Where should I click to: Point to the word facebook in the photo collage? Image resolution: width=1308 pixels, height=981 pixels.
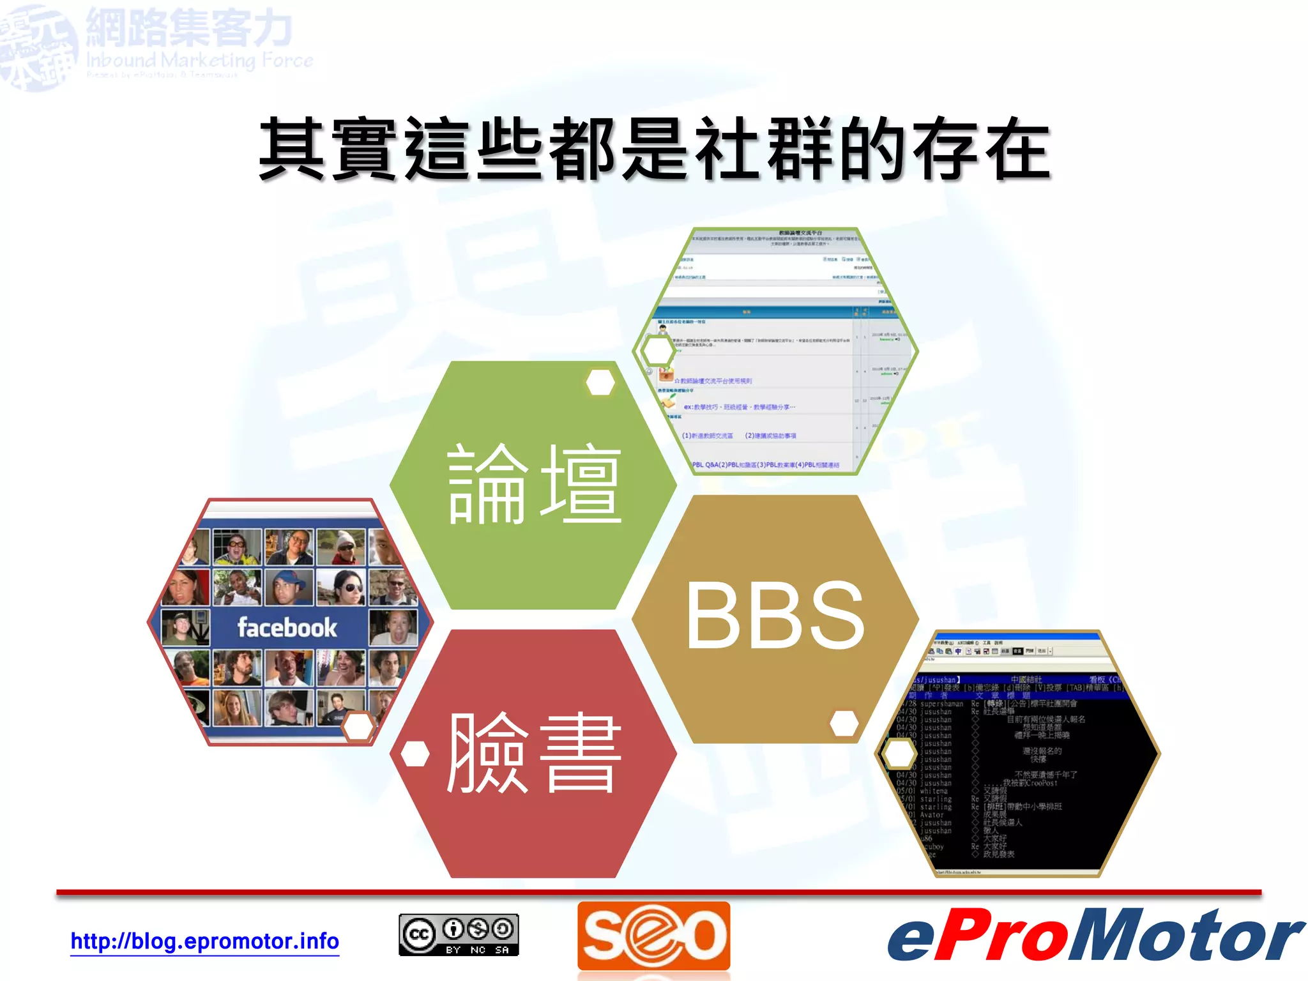pyautogui.click(x=287, y=627)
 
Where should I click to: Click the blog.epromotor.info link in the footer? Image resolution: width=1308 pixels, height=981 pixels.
pyautogui.click(x=204, y=941)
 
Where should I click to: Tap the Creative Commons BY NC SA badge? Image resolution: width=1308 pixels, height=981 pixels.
pyautogui.click(x=459, y=935)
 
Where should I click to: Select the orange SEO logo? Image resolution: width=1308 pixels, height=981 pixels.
pyautogui.click(x=653, y=935)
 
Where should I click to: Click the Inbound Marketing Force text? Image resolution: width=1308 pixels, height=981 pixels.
pyautogui.click(x=199, y=61)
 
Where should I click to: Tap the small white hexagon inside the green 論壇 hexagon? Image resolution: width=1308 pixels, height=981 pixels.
pyautogui.click(x=600, y=382)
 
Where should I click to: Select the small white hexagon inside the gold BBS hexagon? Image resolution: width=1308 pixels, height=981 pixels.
pyautogui.click(x=844, y=723)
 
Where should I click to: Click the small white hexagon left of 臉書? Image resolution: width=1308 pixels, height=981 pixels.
pyautogui.click(x=415, y=754)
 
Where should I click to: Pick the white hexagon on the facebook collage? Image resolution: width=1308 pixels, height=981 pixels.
pyautogui.click(x=358, y=727)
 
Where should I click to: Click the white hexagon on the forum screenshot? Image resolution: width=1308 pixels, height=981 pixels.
pyautogui.click(x=657, y=351)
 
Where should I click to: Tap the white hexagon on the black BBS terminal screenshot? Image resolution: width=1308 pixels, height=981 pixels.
pyautogui.click(x=899, y=754)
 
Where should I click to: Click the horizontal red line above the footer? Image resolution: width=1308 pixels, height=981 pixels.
pyautogui.click(x=658, y=892)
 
